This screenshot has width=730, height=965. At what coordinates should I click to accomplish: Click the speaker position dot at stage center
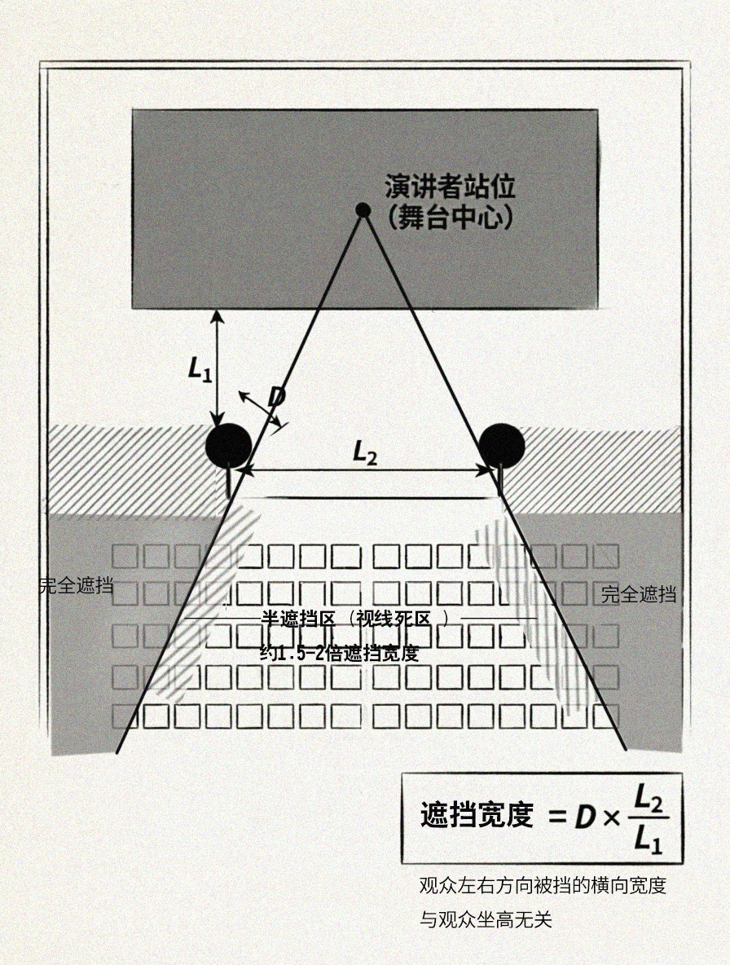click(x=363, y=209)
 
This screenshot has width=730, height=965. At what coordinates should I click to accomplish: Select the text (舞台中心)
click(x=451, y=218)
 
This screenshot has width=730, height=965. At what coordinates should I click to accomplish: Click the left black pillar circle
click(x=228, y=446)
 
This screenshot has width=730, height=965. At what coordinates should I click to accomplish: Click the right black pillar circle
click(x=502, y=446)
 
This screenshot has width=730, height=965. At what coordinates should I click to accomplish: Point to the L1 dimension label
click(x=200, y=369)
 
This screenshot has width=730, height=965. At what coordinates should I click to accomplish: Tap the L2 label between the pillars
click(x=365, y=453)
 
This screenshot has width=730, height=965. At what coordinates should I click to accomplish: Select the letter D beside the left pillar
click(x=276, y=397)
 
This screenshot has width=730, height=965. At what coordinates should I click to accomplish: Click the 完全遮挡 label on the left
click(x=76, y=585)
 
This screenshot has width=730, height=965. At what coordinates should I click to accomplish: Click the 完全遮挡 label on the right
click(x=639, y=594)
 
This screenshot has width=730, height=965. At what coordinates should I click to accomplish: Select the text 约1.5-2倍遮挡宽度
click(x=340, y=652)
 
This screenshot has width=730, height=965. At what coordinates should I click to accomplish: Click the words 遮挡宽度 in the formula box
click(x=477, y=815)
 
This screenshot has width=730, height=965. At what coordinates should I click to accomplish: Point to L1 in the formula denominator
click(x=649, y=839)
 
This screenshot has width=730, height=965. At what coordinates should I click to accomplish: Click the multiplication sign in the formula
click(x=611, y=817)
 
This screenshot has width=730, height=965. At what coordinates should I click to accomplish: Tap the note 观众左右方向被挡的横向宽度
click(x=543, y=886)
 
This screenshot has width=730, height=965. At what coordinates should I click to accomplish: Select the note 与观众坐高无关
click(x=486, y=920)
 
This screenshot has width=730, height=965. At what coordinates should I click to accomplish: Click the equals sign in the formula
click(x=556, y=817)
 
